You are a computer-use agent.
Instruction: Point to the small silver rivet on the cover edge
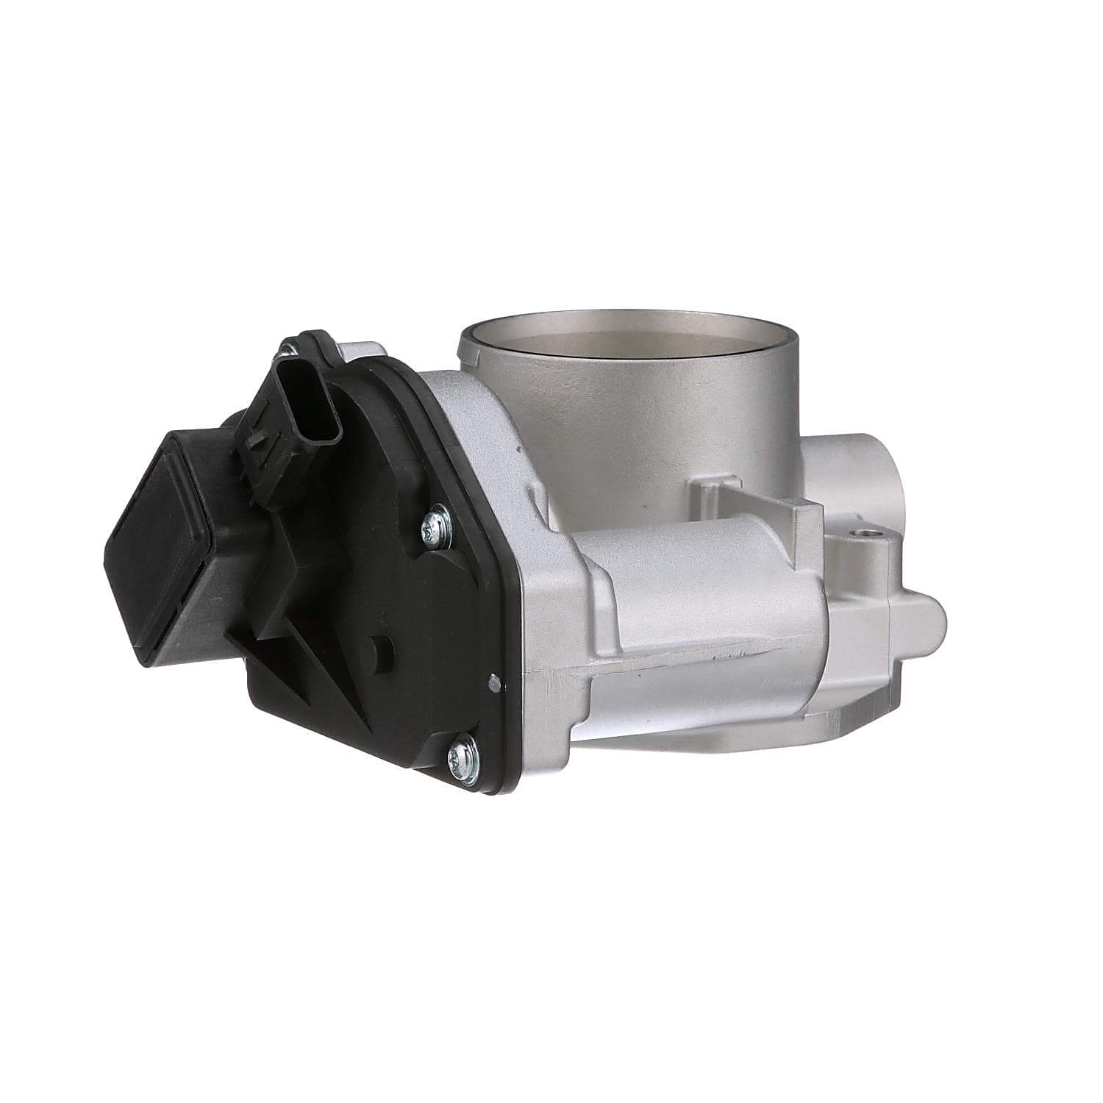(x=494, y=683)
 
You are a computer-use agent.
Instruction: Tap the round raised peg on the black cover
(x=382, y=649)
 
